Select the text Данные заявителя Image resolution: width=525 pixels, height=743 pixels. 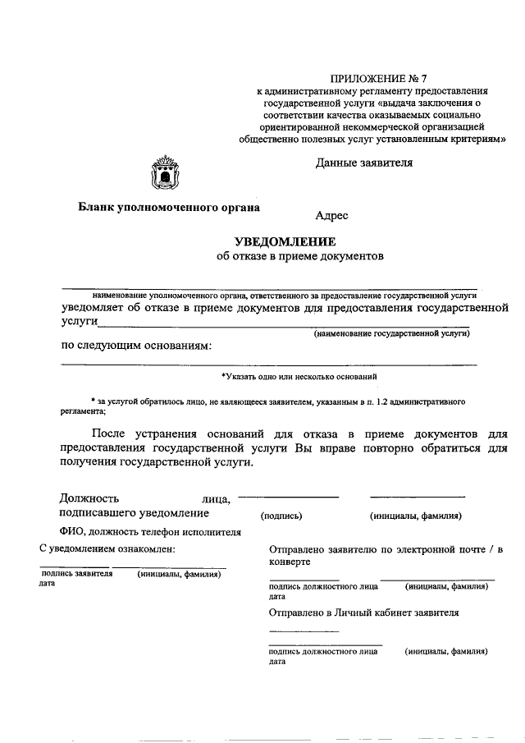tap(364, 163)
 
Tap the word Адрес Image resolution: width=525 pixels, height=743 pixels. tap(331, 216)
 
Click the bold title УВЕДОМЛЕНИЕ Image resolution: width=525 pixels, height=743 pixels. tap(285, 241)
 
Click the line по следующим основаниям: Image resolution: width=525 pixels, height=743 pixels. tap(135, 345)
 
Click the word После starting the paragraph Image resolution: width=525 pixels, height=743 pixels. tap(112, 432)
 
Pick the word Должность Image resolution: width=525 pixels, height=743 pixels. tap(89, 498)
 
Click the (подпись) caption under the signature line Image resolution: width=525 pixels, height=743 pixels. tap(281, 516)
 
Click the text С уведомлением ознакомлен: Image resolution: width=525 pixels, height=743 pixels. tap(107, 548)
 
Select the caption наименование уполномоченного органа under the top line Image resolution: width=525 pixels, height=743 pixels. tap(285, 293)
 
